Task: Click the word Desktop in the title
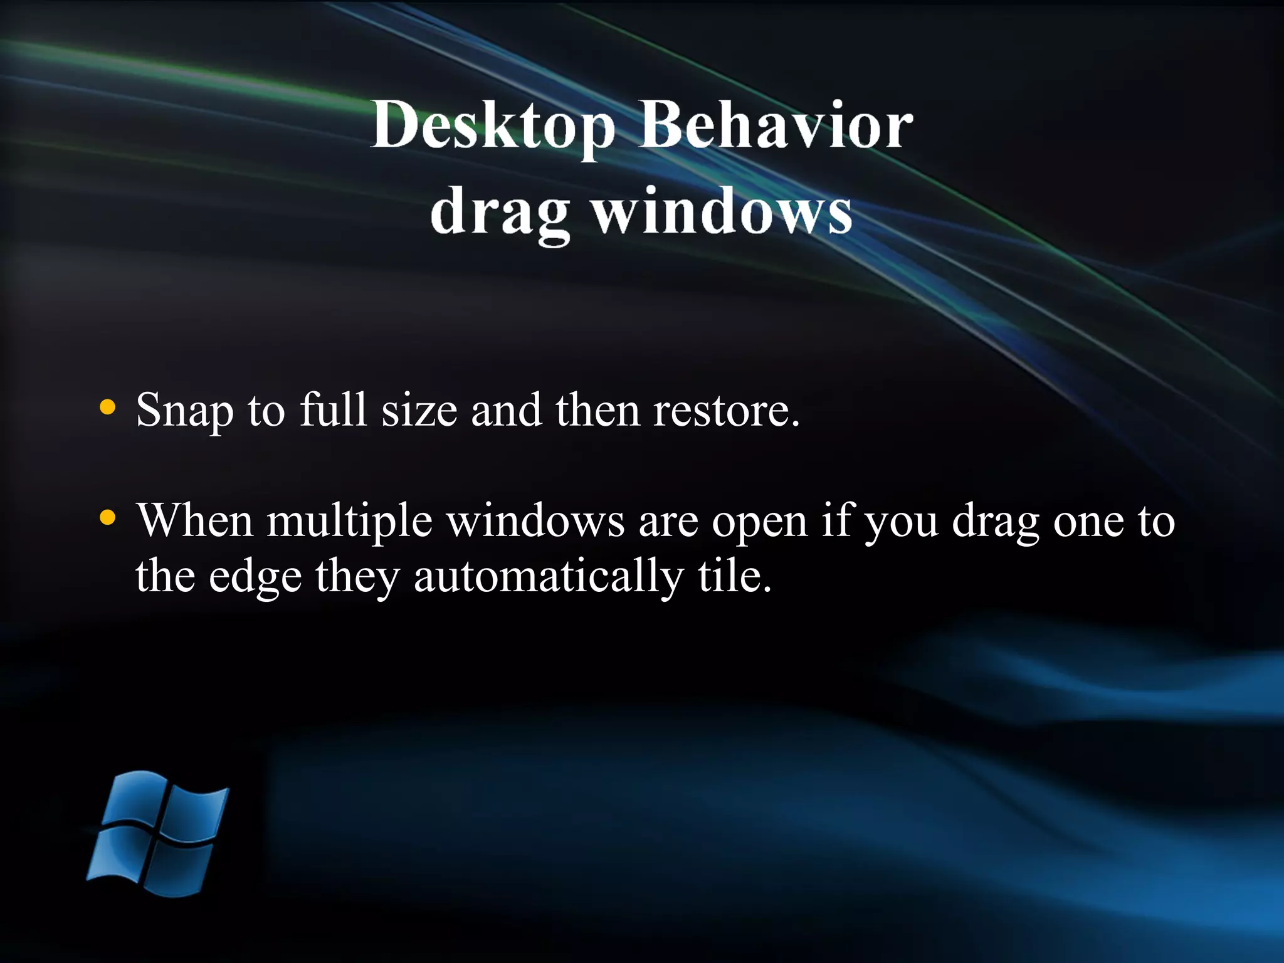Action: pyautogui.click(x=492, y=125)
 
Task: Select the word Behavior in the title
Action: pyautogui.click(x=776, y=125)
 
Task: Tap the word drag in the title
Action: pyautogui.click(x=500, y=212)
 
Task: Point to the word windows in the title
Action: pyautogui.click(x=722, y=212)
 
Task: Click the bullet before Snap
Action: pyautogui.click(x=108, y=408)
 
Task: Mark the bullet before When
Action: pyautogui.click(x=108, y=518)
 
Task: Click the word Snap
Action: pyautogui.click(x=184, y=411)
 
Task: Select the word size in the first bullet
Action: pyautogui.click(x=419, y=411)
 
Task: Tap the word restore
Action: pyautogui.click(x=726, y=411)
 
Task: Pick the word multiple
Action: pyautogui.click(x=349, y=521)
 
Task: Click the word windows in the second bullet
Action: pyautogui.click(x=535, y=521)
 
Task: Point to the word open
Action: pyautogui.click(x=759, y=521)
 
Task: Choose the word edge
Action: pyautogui.click(x=255, y=576)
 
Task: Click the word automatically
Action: pyautogui.click(x=548, y=576)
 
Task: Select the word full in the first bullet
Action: pyautogui.click(x=332, y=411)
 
